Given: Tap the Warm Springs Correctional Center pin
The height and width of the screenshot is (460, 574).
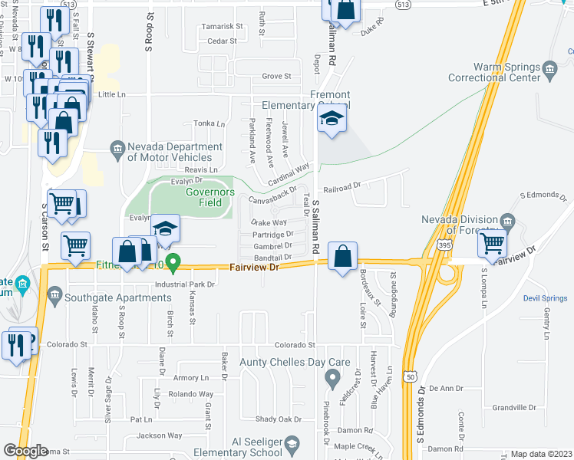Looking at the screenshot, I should click(550, 71).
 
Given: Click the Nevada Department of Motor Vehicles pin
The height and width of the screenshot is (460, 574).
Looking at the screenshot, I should click(117, 148).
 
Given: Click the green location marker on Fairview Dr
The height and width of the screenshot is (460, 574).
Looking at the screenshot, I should click(173, 263).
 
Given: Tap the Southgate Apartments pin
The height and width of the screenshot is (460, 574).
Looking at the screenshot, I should click(54, 294).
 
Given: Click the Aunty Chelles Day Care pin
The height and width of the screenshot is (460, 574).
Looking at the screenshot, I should click(332, 376).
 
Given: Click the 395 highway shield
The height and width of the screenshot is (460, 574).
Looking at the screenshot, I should click(444, 243).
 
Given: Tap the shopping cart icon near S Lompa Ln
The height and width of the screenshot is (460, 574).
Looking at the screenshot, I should click(492, 244).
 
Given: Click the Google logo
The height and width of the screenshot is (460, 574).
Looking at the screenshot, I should click(26, 451).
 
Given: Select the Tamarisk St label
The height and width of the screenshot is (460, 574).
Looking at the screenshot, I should click(223, 26).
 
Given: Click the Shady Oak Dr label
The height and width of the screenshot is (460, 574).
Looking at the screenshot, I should click(278, 419).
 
